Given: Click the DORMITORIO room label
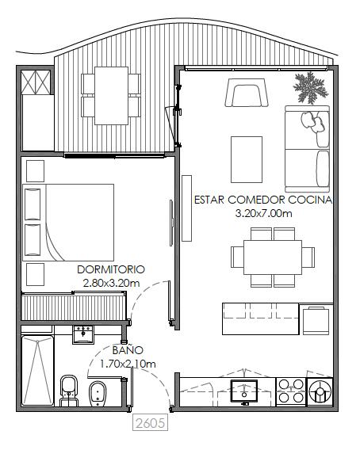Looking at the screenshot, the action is coord(111,269).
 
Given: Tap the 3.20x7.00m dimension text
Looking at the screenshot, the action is coord(263,214).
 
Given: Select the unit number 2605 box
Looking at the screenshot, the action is coord(150,423).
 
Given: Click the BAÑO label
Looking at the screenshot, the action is coord(128,349).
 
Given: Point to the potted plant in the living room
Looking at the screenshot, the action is coord(310,87).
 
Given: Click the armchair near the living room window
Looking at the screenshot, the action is coord(247,93).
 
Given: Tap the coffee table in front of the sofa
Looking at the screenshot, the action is coord(247,159).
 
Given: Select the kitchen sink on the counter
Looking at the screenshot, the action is coord(244,391).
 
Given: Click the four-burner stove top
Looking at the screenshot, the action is coord(291,391).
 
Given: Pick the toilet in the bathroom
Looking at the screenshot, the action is coord(69,391).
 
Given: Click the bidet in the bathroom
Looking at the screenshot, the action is coord(98,394).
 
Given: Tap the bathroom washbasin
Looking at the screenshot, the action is coord(82,334).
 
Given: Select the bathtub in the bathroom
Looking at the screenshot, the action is coord(37,371).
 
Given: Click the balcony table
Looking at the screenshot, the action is coord(112,96).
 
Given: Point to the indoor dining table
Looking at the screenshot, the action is coord(272,257).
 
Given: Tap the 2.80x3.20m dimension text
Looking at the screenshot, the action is coord(111,284).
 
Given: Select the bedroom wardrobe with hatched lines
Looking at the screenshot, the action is coord(74,307).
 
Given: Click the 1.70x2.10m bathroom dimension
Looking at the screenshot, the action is coord(128,364).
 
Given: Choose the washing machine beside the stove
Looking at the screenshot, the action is coord(320,391).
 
